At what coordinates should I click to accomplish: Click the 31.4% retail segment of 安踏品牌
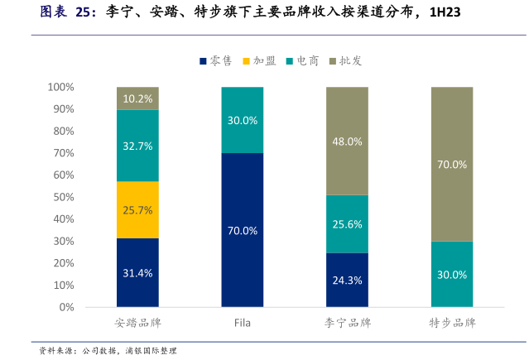point(137,272)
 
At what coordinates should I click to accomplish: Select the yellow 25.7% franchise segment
point(137,209)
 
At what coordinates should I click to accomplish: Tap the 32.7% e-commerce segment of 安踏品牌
point(137,146)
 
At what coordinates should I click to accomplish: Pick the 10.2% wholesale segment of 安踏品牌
point(137,98)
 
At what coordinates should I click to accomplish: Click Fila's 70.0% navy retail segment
point(243,230)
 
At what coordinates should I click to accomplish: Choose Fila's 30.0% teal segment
point(243,120)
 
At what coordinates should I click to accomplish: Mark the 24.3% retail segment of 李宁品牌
point(347,280)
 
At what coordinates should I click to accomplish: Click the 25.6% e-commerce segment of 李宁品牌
point(347,224)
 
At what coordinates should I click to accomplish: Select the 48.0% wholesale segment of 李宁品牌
point(347,141)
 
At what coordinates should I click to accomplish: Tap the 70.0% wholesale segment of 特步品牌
point(452,164)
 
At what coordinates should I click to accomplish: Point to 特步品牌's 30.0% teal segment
point(452,274)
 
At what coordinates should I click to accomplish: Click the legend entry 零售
point(215,60)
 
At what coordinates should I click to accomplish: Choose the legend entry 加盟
point(259,60)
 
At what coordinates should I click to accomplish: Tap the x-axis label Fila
point(242,322)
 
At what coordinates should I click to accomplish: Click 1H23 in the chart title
point(440,12)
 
